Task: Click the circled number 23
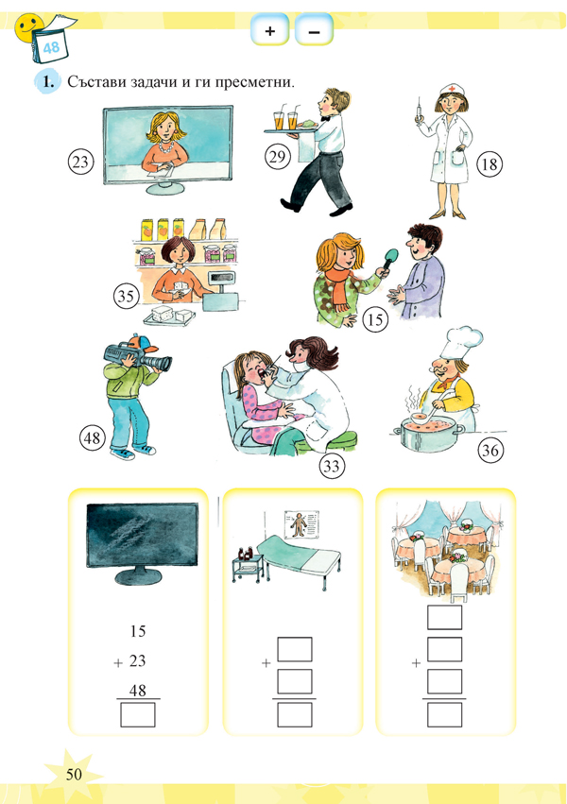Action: click(x=81, y=162)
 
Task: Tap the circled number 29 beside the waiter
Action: click(x=276, y=157)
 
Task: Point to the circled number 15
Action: click(x=375, y=320)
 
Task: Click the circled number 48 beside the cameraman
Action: click(x=93, y=438)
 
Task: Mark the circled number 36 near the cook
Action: click(x=490, y=452)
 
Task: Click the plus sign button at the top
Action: click(x=269, y=31)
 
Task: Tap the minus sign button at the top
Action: click(x=314, y=31)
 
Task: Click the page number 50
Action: click(x=76, y=775)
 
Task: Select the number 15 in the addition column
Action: click(x=136, y=631)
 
